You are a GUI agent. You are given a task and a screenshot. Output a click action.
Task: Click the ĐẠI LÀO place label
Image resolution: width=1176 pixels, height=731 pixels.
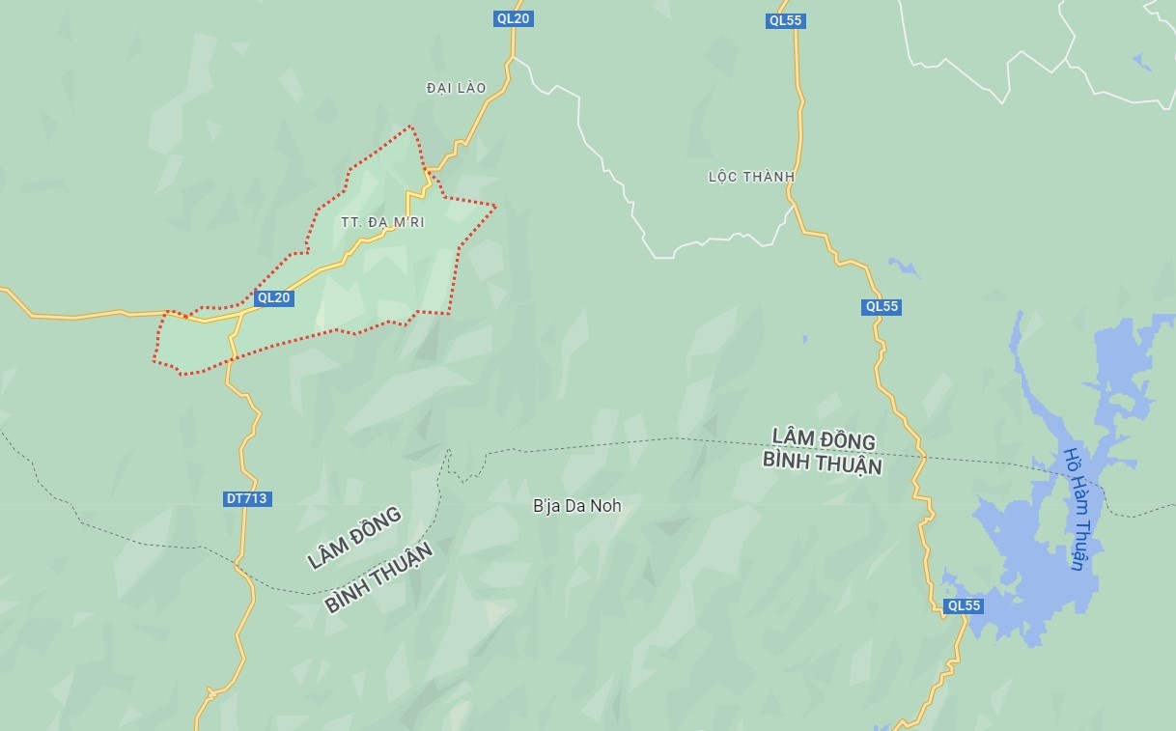click(x=456, y=88)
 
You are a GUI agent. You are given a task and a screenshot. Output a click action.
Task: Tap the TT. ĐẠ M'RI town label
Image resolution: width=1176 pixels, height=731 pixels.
click(x=382, y=222)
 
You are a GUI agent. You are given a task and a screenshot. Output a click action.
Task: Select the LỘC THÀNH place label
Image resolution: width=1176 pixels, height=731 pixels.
click(x=751, y=177)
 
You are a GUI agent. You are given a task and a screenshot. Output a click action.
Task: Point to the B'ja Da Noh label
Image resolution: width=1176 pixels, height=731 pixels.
click(x=577, y=506)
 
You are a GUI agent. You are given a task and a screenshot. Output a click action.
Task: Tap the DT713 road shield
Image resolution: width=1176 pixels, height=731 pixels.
click(x=246, y=499)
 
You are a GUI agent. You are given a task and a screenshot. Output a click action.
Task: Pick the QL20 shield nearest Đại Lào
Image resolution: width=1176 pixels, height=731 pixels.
click(x=513, y=18)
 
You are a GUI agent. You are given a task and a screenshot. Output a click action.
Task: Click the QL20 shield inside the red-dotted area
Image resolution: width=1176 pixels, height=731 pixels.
click(x=273, y=298)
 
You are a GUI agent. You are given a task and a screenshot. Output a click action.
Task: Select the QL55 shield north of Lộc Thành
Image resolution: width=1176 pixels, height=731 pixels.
click(x=785, y=20)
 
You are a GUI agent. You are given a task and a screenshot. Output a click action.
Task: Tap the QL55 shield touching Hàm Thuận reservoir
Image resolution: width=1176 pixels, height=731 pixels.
click(x=964, y=606)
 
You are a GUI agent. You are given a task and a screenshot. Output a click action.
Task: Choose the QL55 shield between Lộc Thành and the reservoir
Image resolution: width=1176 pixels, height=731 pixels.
click(x=882, y=307)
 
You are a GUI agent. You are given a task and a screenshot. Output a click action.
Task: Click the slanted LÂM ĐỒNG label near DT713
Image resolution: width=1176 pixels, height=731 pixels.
click(x=353, y=537)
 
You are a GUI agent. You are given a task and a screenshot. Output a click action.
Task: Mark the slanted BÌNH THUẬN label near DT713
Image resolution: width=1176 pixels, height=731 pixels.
click(x=378, y=577)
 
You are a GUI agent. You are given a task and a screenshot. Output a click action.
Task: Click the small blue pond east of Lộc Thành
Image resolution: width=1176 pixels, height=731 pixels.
click(x=904, y=267)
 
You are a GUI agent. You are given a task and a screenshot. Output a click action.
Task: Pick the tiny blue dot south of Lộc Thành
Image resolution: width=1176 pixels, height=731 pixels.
click(x=804, y=340)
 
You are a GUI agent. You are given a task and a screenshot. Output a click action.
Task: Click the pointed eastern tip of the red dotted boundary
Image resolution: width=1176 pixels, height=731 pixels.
click(x=495, y=206)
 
